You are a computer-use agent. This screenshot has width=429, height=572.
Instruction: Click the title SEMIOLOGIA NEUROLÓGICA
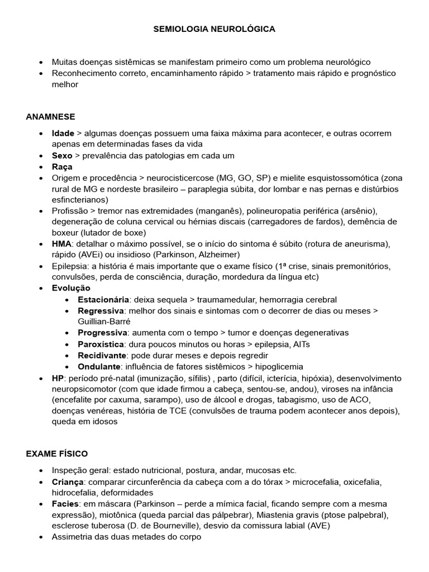coord(214,28)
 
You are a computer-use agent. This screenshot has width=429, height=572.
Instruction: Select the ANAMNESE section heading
coord(50,116)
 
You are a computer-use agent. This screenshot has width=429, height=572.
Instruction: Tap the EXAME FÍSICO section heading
coord(56,454)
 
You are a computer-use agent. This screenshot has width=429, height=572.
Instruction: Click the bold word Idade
coord(63,134)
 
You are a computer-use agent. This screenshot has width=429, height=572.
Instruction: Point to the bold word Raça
coord(62,166)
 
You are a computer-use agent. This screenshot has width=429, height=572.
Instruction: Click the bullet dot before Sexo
coord(42,156)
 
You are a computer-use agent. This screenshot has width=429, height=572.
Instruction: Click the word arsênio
coord(358,211)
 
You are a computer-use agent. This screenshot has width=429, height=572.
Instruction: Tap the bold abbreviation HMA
coord(62,244)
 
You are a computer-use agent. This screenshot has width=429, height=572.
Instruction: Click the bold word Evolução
coord(71,288)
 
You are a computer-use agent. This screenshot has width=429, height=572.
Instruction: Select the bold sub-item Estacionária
coord(103,299)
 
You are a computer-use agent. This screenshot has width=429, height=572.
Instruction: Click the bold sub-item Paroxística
coord(101,344)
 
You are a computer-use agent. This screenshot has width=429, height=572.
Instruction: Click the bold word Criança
coord(67,482)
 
